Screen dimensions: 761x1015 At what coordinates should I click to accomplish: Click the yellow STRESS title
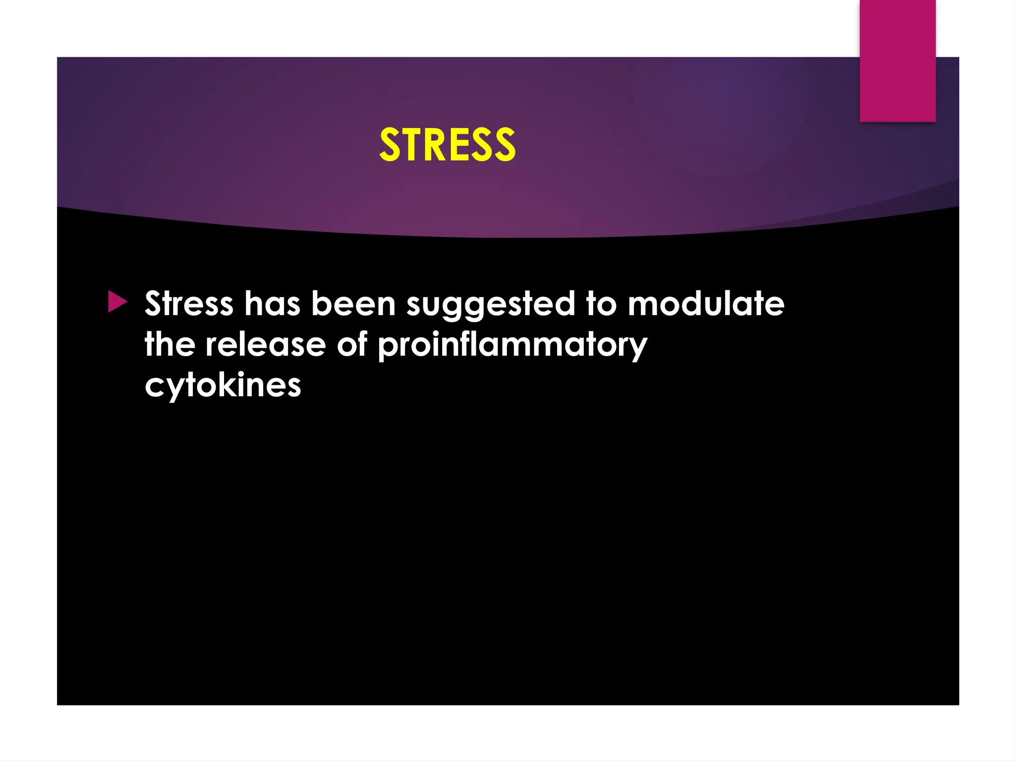point(447,145)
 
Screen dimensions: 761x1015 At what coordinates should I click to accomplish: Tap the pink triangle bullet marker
point(117,302)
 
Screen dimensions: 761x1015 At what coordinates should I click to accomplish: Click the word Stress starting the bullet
point(189,303)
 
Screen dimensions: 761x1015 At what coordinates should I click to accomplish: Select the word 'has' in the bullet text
point(272,303)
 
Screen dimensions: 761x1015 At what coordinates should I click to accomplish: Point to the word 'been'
point(353,303)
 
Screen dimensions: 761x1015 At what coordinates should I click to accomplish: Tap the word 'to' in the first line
point(601,303)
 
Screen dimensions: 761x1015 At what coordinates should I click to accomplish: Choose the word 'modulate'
point(706,303)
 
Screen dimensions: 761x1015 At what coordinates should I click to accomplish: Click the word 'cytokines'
point(223,385)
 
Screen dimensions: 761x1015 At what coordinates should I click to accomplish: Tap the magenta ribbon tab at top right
point(898,60)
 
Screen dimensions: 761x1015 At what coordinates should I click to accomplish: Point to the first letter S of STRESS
point(390,145)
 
